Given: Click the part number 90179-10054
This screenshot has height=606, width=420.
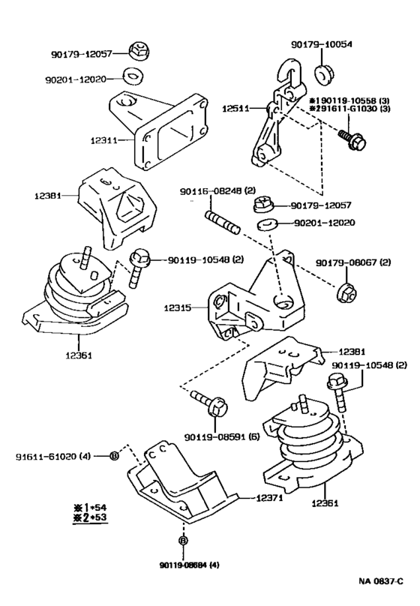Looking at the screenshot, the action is [322, 44].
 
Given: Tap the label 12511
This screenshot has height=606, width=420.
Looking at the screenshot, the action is [235, 109].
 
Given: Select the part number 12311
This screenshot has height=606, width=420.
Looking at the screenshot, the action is [104, 140].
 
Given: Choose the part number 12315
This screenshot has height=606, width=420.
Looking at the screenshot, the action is [177, 308].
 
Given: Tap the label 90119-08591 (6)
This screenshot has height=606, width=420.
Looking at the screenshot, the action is [222, 437].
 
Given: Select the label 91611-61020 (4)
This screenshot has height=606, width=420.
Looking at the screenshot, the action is [53, 457].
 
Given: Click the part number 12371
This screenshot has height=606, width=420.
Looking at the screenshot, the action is [269, 498].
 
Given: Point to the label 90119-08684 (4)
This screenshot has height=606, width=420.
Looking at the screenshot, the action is [189, 565].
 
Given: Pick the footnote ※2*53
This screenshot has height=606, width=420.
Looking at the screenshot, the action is [90, 517].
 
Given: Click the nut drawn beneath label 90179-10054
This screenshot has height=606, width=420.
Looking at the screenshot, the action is [323, 74].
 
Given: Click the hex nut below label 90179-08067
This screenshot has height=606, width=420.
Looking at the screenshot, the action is [346, 293].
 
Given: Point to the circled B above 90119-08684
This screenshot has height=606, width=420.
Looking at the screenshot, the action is [183, 541].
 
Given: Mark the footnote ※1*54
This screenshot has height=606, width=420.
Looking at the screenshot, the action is [90, 508].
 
